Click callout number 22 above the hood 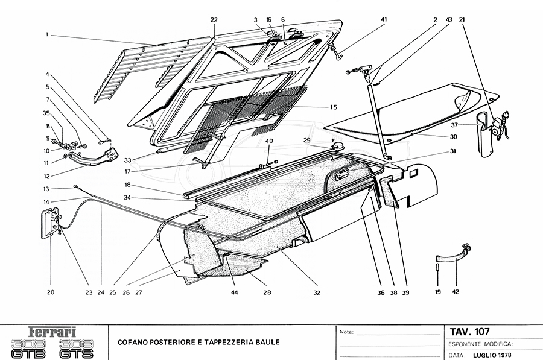(x=214, y=20)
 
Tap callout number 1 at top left (x=46, y=35)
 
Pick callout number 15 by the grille (x=333, y=107)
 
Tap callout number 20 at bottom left (x=51, y=292)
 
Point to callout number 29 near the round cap (x=306, y=141)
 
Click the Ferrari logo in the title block (x=53, y=332)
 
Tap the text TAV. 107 (x=469, y=331)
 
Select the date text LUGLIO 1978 (x=492, y=356)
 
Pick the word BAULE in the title (x=266, y=342)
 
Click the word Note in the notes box (x=346, y=332)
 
